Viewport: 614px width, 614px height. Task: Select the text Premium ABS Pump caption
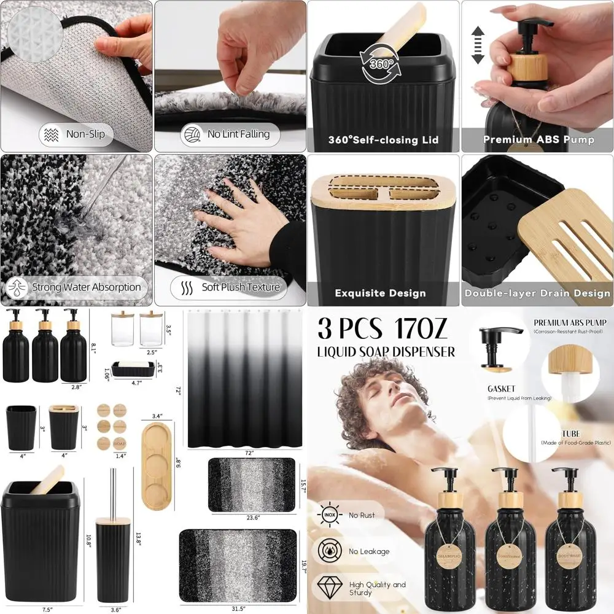pos(538,139)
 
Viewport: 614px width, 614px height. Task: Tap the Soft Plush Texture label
pos(230,287)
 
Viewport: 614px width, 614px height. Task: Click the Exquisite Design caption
pos(380,293)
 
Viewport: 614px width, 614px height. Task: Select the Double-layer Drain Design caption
pos(537,293)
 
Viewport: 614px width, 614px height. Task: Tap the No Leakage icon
pos(327,551)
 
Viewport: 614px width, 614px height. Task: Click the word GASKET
pos(500,389)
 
